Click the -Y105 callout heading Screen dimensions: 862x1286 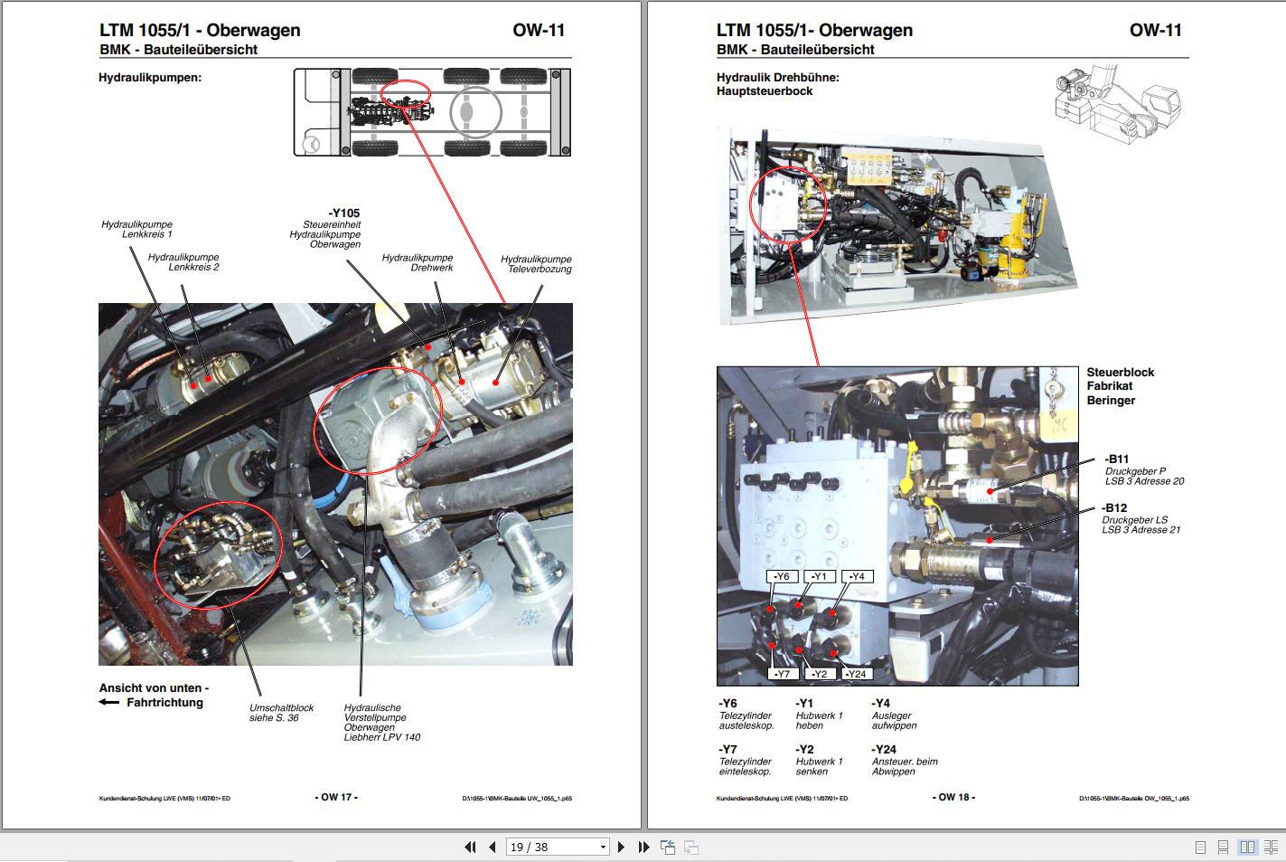tap(343, 213)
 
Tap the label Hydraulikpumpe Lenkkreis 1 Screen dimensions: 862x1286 tap(136, 230)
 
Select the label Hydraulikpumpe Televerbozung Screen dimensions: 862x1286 tap(536, 264)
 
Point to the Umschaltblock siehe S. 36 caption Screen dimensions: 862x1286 tap(281, 713)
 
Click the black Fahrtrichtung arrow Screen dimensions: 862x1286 tap(109, 703)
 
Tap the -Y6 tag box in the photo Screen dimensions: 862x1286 tap(783, 577)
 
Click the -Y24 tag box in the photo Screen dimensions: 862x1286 tap(858, 674)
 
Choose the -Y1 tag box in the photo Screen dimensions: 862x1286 tap(819, 577)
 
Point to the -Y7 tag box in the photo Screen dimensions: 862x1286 tap(783, 674)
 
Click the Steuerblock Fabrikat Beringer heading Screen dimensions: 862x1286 tap(1120, 386)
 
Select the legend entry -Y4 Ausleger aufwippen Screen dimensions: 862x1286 tap(894, 715)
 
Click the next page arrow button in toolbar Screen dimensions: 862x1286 tap(621, 848)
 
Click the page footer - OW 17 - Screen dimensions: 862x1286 tap(336, 797)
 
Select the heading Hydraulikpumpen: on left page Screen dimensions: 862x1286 tap(150, 78)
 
